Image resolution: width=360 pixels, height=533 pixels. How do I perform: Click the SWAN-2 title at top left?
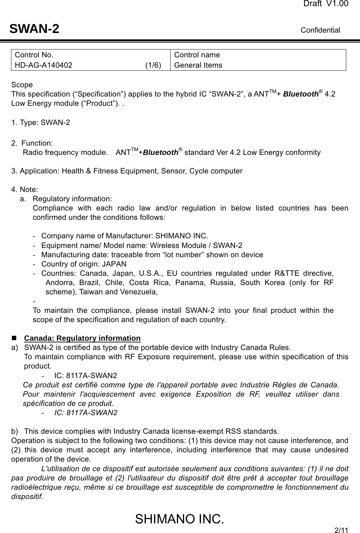[34, 29]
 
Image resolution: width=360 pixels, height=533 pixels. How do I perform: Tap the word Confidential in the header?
[320, 30]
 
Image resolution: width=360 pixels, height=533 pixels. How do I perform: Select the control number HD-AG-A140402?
[44, 65]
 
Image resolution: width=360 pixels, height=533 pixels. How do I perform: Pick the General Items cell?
[198, 65]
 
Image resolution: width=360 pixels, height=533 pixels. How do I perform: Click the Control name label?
[197, 55]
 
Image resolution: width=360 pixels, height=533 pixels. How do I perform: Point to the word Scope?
[22, 85]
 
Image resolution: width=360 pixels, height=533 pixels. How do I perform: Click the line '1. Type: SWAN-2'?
[41, 123]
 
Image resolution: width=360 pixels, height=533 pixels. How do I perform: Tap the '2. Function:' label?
[32, 143]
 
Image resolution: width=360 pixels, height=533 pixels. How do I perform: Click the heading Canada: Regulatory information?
[82, 338]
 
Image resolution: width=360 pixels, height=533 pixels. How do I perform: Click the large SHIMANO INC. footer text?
[179, 519]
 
